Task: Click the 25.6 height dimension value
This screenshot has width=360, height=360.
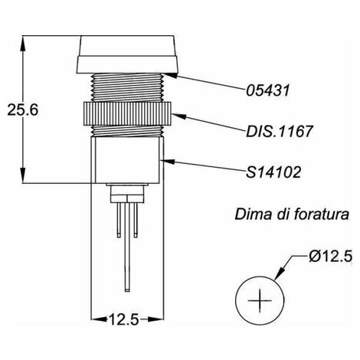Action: tap(23, 110)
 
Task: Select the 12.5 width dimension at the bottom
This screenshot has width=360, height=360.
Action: tap(124, 319)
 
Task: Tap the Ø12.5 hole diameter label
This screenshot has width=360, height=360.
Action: tap(330, 256)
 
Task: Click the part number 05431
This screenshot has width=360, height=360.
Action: tap(268, 90)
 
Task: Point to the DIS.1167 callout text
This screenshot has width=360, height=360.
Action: tap(279, 131)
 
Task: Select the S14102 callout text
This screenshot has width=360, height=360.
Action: tap(273, 172)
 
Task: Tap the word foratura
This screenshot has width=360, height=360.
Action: tap(321, 214)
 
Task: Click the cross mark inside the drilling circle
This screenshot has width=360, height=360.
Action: tap(260, 301)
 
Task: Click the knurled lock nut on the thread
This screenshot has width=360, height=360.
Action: tap(127, 113)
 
